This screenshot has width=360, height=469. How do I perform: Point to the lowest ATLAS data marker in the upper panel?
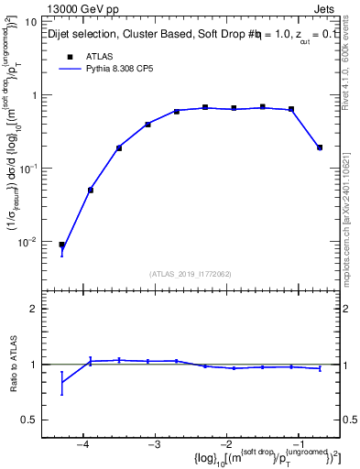pyautogui.click(x=61, y=245)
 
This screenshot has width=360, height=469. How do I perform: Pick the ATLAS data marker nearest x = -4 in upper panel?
pyautogui.click(x=91, y=190)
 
